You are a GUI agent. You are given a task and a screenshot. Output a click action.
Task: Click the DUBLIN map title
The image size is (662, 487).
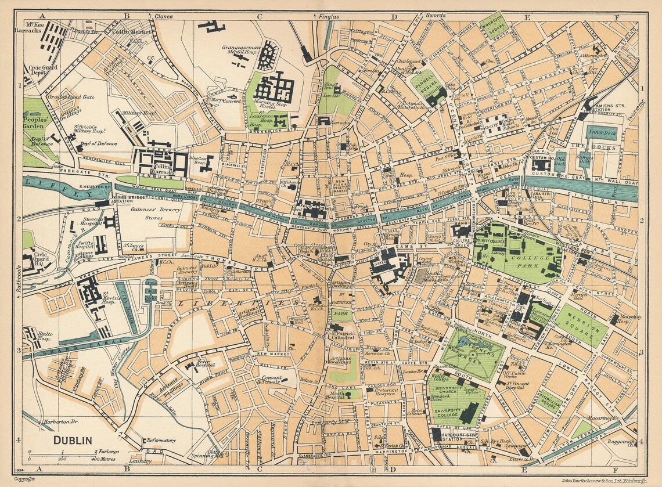pos(73,440)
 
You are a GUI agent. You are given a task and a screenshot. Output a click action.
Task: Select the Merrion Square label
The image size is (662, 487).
pos(582,326)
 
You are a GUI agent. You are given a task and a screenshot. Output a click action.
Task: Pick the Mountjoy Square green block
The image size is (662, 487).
pos(494,26)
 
